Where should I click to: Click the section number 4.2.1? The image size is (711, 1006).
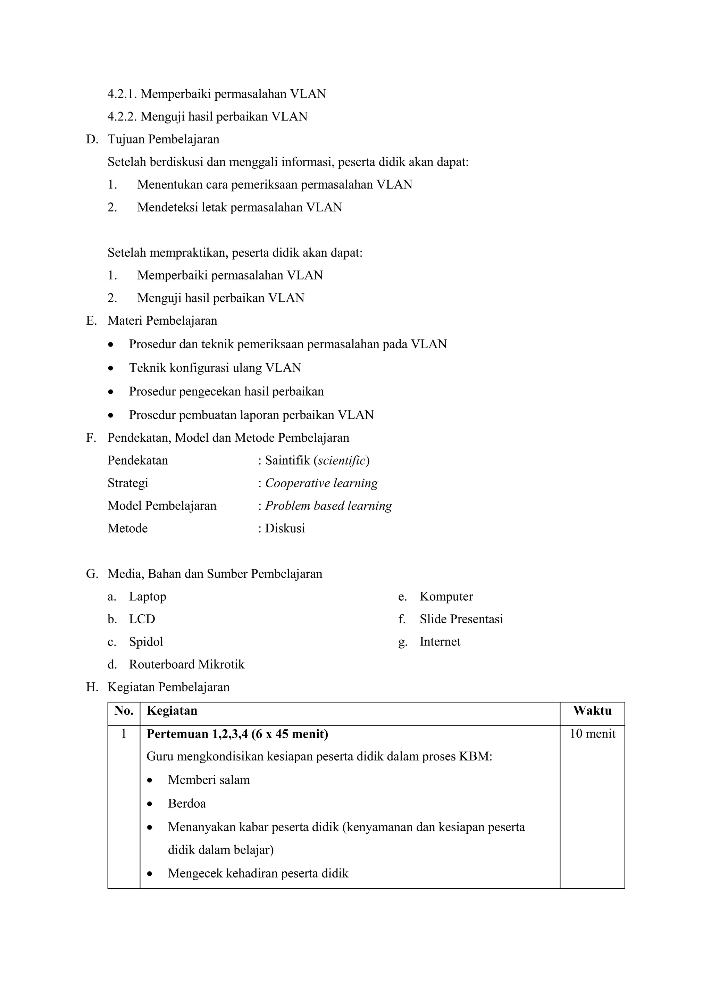point(122,94)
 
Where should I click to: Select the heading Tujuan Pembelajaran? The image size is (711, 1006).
point(164,139)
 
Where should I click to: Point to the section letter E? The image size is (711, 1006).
point(91,321)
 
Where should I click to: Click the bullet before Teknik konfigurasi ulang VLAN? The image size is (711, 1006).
point(111,368)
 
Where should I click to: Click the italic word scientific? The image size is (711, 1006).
point(341,460)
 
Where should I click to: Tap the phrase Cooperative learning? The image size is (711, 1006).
point(321,483)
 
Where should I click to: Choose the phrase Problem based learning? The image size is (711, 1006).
point(328,506)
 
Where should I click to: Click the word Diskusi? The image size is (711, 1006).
point(285,529)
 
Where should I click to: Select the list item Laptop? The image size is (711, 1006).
point(148,597)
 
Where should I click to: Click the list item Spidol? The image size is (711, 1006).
point(146,642)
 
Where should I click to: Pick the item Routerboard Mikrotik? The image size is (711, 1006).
point(187,665)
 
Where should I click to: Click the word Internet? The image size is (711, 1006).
point(440,642)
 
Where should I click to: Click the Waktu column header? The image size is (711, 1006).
point(592,711)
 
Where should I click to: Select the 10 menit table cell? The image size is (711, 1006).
point(592,734)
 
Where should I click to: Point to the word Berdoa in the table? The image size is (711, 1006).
point(187,804)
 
